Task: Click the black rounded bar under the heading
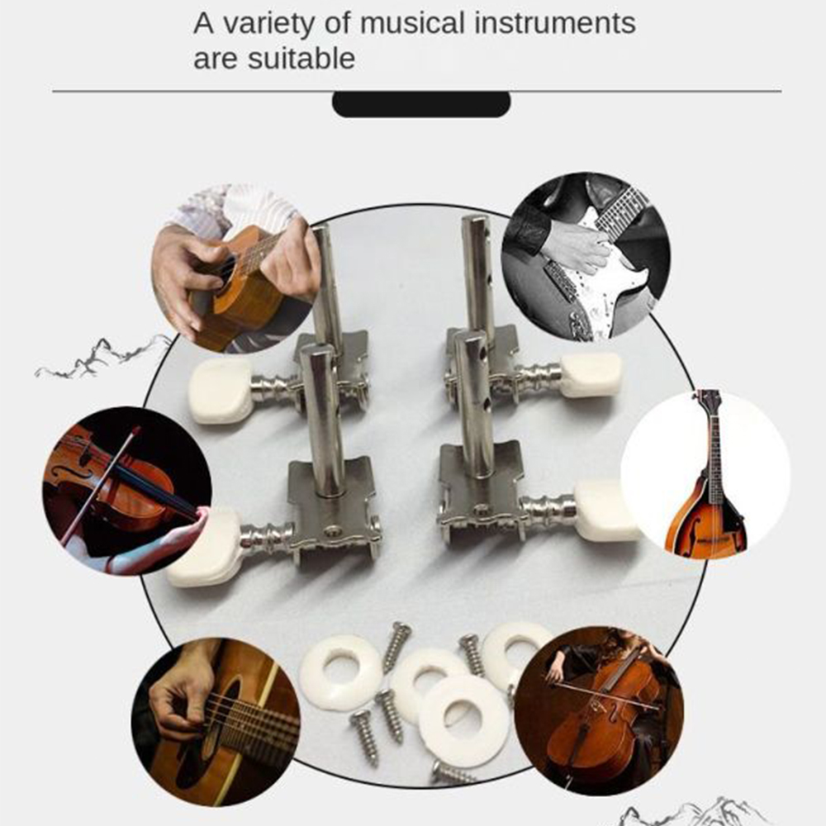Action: click(421, 104)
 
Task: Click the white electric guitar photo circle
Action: click(585, 256)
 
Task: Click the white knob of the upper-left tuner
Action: click(221, 390)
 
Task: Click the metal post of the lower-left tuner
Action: click(321, 421)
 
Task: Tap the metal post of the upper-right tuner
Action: click(477, 273)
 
